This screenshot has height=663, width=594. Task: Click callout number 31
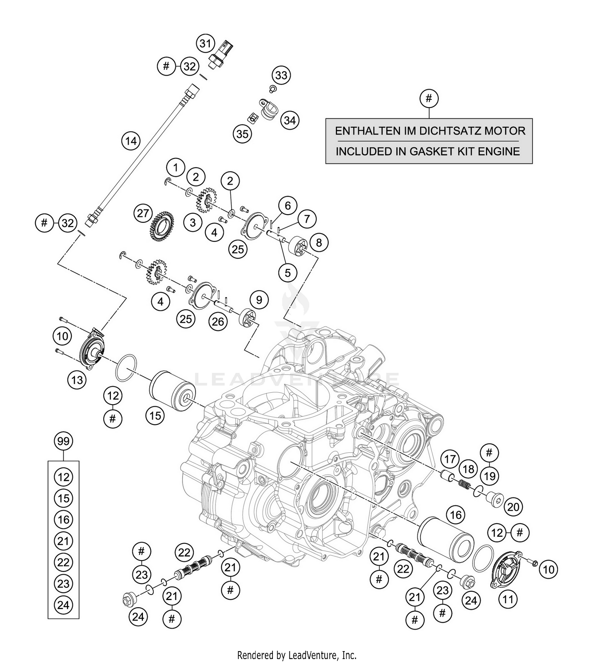coord(205,43)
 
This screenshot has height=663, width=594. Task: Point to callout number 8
coord(319,242)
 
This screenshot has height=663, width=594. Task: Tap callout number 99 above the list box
coord(63,441)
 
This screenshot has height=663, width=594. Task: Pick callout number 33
coord(281,75)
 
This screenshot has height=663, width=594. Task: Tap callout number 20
coord(513,507)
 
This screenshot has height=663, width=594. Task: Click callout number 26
coord(218,322)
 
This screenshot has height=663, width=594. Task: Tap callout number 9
coord(259,300)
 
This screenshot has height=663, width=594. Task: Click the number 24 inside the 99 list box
coord(63,605)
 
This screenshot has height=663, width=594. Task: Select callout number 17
coord(450,460)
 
